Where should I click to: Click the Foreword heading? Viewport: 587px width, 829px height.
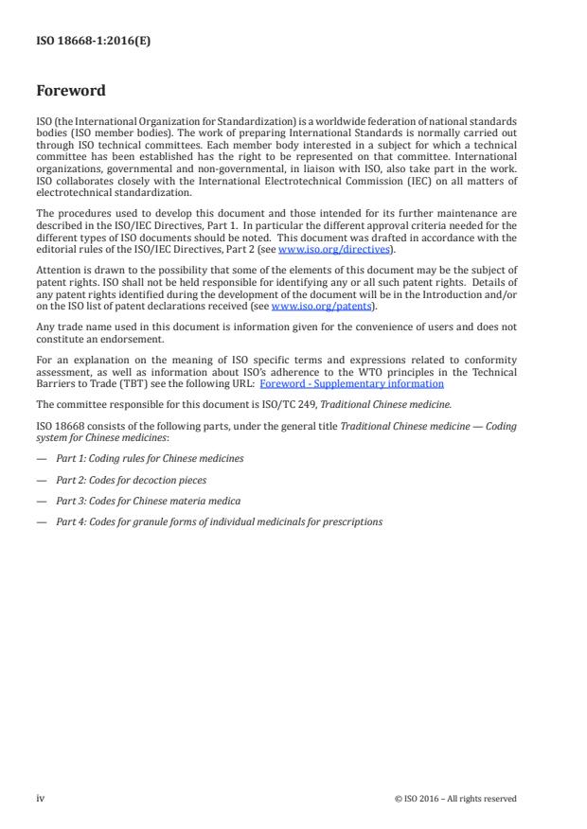(70, 92)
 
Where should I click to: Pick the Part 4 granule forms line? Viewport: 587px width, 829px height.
(219, 521)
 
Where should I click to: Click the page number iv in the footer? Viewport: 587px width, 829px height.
(41, 799)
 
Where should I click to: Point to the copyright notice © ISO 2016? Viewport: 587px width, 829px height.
(455, 799)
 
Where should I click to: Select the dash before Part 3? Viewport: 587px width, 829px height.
(40, 501)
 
